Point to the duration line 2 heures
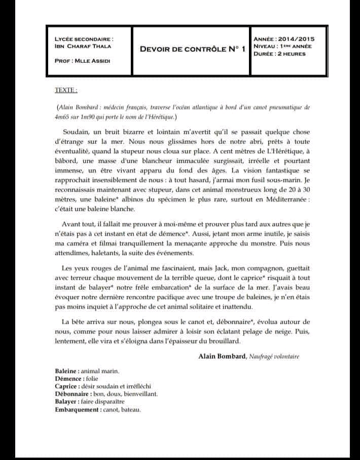[x=279, y=54]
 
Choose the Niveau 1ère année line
[x=282, y=46]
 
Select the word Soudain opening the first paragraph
[x=77, y=131]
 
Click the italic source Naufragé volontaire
[x=273, y=356]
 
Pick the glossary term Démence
[x=67, y=378]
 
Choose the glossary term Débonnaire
[x=71, y=394]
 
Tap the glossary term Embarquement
[x=76, y=409]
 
